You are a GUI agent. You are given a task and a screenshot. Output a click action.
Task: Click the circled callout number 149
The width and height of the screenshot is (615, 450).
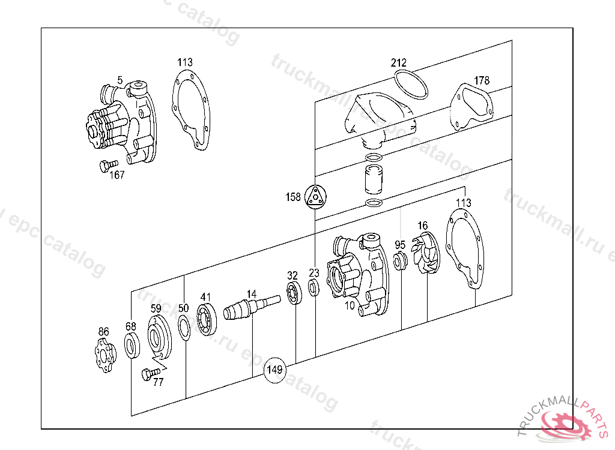(274, 370)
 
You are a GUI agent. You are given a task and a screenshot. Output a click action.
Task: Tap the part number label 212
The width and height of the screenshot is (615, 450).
(399, 62)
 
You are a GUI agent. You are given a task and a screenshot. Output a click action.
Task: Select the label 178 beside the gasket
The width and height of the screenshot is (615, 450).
(482, 81)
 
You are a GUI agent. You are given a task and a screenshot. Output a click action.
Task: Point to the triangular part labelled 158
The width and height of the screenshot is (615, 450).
(315, 197)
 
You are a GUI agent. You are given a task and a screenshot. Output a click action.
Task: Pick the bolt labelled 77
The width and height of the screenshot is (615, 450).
(147, 374)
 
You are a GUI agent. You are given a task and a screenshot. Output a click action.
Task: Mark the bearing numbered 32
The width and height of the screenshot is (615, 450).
(294, 294)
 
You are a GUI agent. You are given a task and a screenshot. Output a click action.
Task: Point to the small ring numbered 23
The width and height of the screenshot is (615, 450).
(314, 289)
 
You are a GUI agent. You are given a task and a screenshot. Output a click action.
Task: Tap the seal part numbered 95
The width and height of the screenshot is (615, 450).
(399, 262)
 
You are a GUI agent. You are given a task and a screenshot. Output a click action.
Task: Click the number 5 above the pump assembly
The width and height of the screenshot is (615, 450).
(120, 80)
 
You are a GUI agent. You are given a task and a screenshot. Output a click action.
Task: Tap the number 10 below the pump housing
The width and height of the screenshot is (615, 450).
(350, 305)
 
